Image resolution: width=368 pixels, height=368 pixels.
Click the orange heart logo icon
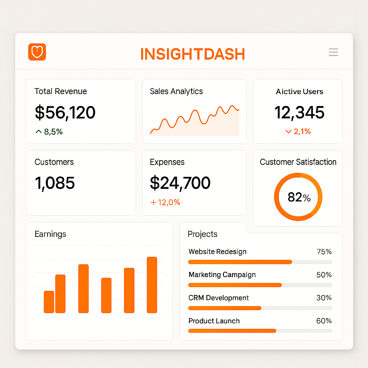37,52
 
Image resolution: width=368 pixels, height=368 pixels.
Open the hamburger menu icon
333,52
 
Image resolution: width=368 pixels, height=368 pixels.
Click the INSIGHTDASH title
192,54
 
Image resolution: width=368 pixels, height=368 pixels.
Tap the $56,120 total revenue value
65,112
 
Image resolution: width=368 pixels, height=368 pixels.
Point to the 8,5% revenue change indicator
49,132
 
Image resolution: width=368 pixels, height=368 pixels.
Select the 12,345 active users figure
299,112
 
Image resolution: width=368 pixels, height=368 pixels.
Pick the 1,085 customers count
55,183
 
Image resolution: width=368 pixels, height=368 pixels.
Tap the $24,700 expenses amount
180,183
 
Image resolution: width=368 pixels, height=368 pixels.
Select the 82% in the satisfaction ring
299,197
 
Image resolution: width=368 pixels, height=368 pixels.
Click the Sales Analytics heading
176,91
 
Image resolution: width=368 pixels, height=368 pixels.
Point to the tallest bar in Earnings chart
152,285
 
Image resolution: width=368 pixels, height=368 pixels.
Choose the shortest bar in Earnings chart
49,302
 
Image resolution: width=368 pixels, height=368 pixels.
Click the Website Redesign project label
217,252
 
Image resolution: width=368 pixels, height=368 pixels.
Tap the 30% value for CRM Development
324,298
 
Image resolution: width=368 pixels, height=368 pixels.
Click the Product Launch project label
214,321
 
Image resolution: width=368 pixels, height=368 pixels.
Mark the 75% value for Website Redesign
324,252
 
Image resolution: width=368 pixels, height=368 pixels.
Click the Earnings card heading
50,234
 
